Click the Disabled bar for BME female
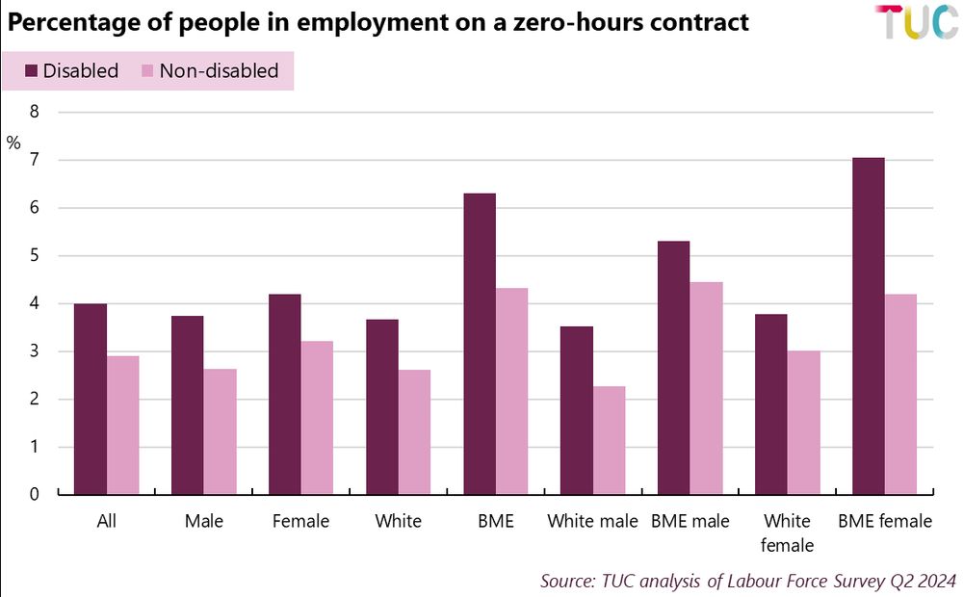[869, 326]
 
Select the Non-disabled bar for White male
[609, 440]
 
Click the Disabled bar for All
[91, 399]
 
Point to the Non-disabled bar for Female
[317, 418]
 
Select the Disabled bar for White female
[771, 404]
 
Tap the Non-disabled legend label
[219, 70]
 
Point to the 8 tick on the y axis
[35, 112]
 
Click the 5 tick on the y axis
[35, 256]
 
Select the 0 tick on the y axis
[35, 495]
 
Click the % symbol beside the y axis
[13, 143]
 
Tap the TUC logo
[916, 23]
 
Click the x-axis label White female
[787, 532]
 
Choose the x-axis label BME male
[690, 522]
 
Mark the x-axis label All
[107, 522]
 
